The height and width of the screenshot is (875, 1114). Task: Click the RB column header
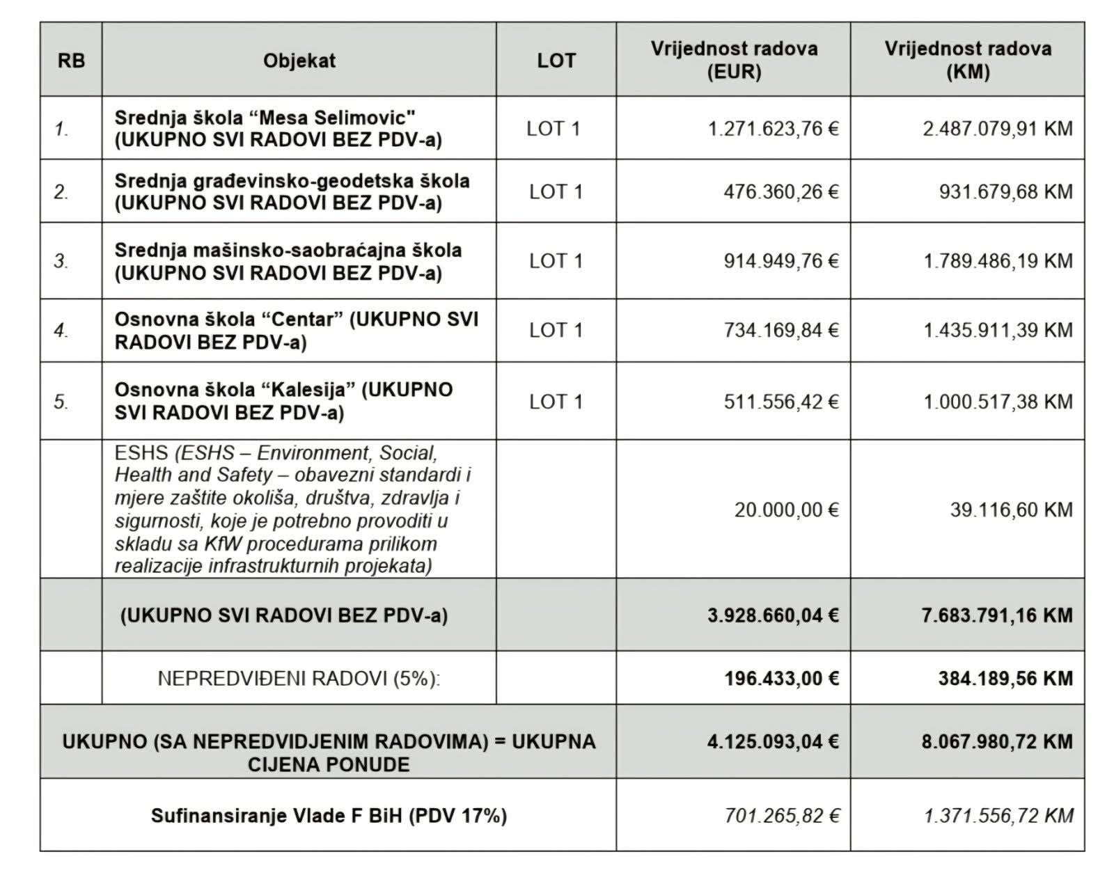click(71, 61)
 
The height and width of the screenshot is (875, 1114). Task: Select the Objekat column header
click(299, 61)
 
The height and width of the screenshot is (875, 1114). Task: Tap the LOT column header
click(556, 61)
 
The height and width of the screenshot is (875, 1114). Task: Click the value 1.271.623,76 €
click(773, 129)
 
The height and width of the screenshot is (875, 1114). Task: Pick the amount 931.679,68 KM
click(1005, 191)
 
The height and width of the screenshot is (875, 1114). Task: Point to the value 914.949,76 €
click(780, 261)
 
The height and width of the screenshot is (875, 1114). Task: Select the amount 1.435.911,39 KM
click(998, 330)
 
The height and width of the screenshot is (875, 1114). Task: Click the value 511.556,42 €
click(780, 402)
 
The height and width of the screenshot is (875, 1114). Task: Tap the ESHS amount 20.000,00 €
click(786, 510)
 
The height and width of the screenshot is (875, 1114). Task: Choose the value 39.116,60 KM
click(1011, 510)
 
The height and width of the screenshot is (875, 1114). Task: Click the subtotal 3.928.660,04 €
click(773, 615)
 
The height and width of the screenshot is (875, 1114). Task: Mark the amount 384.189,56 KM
click(1005, 678)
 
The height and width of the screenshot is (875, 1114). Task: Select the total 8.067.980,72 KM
click(997, 741)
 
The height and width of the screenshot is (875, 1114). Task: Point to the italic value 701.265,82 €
click(781, 815)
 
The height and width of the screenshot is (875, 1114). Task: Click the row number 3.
click(61, 261)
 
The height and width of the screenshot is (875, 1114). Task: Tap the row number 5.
click(61, 402)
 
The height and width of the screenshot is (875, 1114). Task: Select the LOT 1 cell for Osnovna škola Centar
click(556, 330)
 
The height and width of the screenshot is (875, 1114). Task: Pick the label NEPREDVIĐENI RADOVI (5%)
click(299, 678)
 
